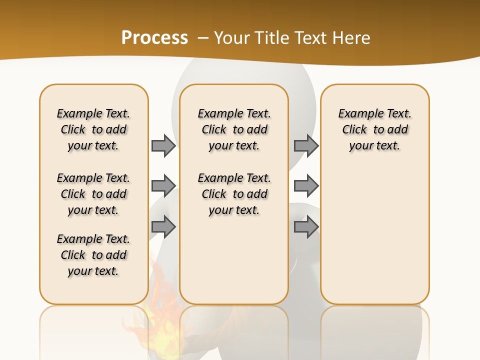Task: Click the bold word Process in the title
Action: pos(154,37)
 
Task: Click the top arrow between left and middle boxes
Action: pos(163,145)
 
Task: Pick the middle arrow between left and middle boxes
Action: pos(163,186)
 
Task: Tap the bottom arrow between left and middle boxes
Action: pos(163,227)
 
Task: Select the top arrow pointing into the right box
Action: pos(306,145)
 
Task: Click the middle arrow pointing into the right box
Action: pos(306,186)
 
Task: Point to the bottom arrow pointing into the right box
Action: pos(306,227)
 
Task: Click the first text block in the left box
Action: pos(93,129)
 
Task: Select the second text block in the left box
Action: pos(93,194)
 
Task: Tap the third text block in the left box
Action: pos(93,255)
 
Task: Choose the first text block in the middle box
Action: pos(234,129)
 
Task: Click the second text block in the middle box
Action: pos(234,194)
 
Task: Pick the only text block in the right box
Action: pos(375,129)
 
